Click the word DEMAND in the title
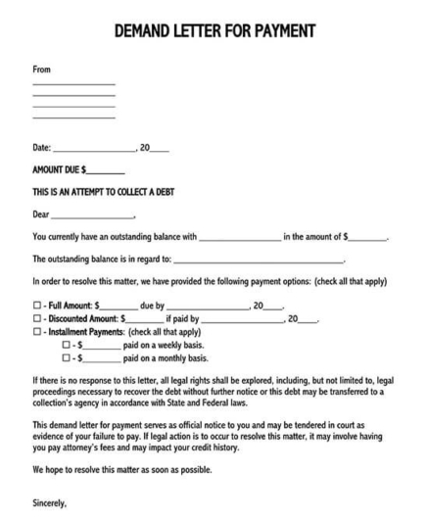[x=144, y=31]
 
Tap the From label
[x=41, y=71]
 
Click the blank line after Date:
[x=94, y=150]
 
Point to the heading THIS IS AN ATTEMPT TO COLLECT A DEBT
[x=111, y=192]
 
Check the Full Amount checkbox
[x=37, y=306]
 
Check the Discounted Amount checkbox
[x=37, y=319]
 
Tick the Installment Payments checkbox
[x=37, y=332]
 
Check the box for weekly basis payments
[x=67, y=346]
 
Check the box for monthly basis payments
[x=67, y=358]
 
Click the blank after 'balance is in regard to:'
[x=259, y=261]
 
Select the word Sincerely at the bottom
[x=50, y=503]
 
